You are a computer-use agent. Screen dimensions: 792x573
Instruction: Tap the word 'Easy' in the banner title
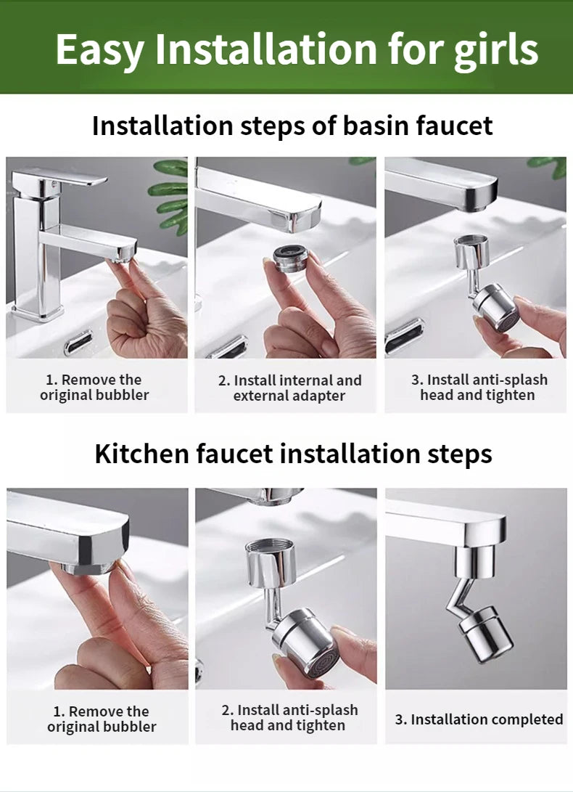(99, 49)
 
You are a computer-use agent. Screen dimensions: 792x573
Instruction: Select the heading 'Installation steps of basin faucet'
(292, 126)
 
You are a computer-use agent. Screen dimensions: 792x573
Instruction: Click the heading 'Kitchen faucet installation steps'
(293, 454)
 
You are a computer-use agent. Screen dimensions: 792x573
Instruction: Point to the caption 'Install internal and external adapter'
(289, 388)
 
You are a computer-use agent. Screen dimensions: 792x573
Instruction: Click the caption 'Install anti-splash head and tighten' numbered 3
(477, 387)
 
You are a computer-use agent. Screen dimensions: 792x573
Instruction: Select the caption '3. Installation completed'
(479, 719)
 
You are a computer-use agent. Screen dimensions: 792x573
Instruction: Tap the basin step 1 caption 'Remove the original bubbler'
(94, 387)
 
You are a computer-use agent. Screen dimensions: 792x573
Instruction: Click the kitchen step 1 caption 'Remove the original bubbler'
(102, 719)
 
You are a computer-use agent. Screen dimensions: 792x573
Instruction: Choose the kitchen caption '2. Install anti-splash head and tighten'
(289, 717)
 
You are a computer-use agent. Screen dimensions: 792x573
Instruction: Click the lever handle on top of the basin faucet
(62, 176)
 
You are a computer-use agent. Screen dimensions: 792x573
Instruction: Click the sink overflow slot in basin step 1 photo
(78, 341)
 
